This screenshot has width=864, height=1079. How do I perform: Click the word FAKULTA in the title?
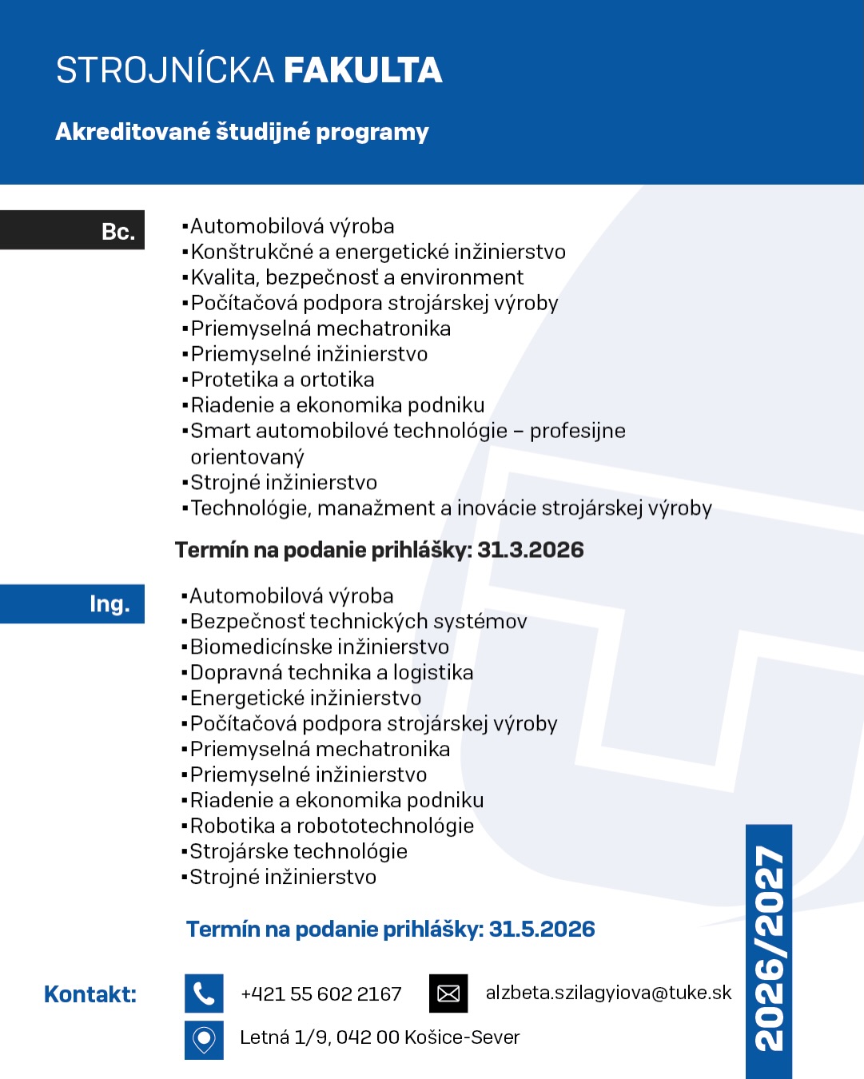click(362, 70)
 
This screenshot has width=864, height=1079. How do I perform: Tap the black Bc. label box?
click(72, 230)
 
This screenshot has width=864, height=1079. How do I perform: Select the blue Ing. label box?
click(72, 603)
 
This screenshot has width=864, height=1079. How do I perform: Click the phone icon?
click(204, 993)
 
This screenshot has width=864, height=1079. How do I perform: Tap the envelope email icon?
click(448, 993)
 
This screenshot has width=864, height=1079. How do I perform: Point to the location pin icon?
click(204, 1039)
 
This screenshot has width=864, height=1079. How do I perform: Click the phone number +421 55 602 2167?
click(321, 994)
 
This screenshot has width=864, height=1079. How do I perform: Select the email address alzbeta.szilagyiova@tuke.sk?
click(608, 993)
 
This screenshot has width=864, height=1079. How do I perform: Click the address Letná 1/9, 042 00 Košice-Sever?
click(380, 1037)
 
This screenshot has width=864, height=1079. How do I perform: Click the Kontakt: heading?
click(90, 994)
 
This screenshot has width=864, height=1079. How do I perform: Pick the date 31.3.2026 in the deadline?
click(531, 550)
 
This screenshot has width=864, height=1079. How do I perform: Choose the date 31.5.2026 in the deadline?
click(542, 929)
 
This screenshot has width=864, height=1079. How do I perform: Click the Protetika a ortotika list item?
click(282, 380)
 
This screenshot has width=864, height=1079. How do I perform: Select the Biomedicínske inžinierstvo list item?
click(320, 647)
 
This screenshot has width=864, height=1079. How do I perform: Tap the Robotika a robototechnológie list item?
click(332, 826)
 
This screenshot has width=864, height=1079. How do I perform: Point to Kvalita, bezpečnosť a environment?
click(357, 277)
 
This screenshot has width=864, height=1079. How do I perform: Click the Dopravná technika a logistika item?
click(332, 672)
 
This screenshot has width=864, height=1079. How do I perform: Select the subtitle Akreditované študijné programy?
click(242, 132)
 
